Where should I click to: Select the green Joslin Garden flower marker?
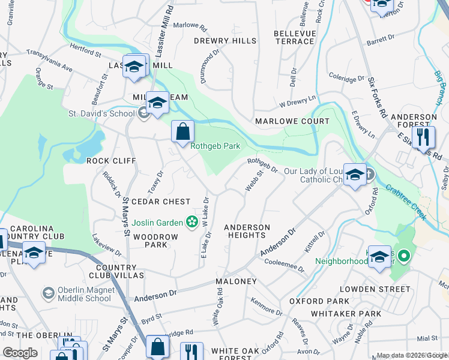191,223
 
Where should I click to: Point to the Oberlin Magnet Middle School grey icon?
49,293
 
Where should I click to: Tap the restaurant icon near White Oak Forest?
191,350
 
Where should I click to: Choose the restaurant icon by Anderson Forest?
424,137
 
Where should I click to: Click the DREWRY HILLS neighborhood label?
225,41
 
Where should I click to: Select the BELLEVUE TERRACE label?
294,37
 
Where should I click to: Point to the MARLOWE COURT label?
292,121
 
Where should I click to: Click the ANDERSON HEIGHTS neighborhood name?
247,231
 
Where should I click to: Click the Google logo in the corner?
20,353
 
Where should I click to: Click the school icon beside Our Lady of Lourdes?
355,175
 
